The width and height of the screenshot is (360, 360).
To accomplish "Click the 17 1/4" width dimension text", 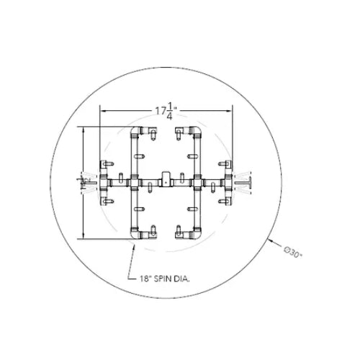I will point(166,112).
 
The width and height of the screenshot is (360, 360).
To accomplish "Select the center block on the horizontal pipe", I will point(166,180).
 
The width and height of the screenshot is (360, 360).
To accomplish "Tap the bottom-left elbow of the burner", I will point(138,232).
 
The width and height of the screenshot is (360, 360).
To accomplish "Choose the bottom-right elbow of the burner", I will point(195,232).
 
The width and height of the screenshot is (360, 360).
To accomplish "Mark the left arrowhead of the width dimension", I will point(102,112).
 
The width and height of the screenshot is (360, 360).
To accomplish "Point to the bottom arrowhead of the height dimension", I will point(84,237).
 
